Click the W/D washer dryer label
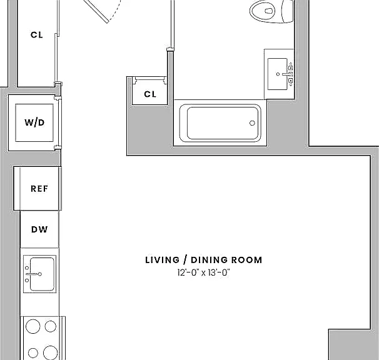(x=34, y=122)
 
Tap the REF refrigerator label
(x=39, y=189)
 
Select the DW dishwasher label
(x=39, y=229)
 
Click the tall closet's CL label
(x=37, y=35)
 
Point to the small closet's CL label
(x=150, y=94)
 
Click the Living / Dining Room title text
(x=203, y=260)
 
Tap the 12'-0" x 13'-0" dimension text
(x=203, y=272)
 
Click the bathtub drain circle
(x=252, y=123)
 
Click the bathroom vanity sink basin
(x=278, y=74)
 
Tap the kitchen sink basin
(x=42, y=274)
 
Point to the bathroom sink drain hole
(x=278, y=74)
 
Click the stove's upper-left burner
(x=33, y=326)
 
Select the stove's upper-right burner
(x=51, y=326)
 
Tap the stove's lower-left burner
(x=33, y=353)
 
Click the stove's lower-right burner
(x=51, y=352)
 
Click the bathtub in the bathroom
(x=220, y=123)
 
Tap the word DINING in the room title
(x=209, y=260)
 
